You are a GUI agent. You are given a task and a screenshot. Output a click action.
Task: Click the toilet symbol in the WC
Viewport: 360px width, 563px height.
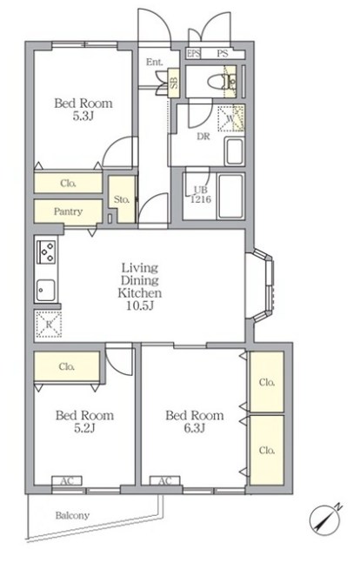pyautogui.click(x=221, y=82)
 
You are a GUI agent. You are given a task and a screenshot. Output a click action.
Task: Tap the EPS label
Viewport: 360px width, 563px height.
pyautogui.click(x=193, y=53)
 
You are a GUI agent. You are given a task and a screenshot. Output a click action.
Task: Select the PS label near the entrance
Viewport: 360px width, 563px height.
pyautogui.click(x=223, y=53)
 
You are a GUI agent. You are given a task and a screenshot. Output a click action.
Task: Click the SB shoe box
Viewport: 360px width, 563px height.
pyautogui.click(x=174, y=83)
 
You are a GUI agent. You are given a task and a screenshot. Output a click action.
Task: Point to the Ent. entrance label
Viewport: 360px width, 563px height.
pyautogui.click(x=154, y=62)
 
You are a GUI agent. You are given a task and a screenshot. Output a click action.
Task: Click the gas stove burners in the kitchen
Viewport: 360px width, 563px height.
pyautogui.click(x=46, y=251)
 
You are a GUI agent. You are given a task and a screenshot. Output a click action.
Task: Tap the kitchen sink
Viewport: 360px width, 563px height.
pyautogui.click(x=45, y=290)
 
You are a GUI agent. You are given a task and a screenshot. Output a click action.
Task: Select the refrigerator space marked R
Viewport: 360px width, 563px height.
pyautogui.click(x=49, y=325)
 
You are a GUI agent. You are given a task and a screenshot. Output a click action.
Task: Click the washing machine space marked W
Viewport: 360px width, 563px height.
pyautogui.click(x=230, y=118)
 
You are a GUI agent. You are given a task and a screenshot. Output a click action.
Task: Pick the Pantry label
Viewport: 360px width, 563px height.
pyautogui.click(x=68, y=211)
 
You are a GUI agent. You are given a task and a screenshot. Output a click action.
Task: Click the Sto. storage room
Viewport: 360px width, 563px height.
pyautogui.click(x=122, y=199)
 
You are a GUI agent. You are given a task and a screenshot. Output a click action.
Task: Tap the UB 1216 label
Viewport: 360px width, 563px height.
pyautogui.click(x=200, y=195)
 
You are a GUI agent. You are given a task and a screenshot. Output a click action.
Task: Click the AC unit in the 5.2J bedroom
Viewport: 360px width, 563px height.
pyautogui.click(x=67, y=481)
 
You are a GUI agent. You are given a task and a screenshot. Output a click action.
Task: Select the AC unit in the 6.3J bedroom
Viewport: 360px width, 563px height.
pyautogui.click(x=164, y=481)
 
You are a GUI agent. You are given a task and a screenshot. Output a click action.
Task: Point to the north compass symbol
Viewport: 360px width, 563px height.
pyautogui.click(x=324, y=519)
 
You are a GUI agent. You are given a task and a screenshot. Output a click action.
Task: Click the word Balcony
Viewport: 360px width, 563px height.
pyautogui.click(x=72, y=516)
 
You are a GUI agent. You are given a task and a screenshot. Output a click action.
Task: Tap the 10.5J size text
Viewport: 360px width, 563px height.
pyautogui.click(x=140, y=306)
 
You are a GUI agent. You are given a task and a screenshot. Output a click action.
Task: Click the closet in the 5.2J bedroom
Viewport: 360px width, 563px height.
pyautogui.click(x=67, y=366)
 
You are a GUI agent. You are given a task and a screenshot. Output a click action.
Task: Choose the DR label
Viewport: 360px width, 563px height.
pyautogui.click(x=203, y=137)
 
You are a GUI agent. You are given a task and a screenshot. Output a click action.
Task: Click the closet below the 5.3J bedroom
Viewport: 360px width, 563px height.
pyautogui.click(x=68, y=183)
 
